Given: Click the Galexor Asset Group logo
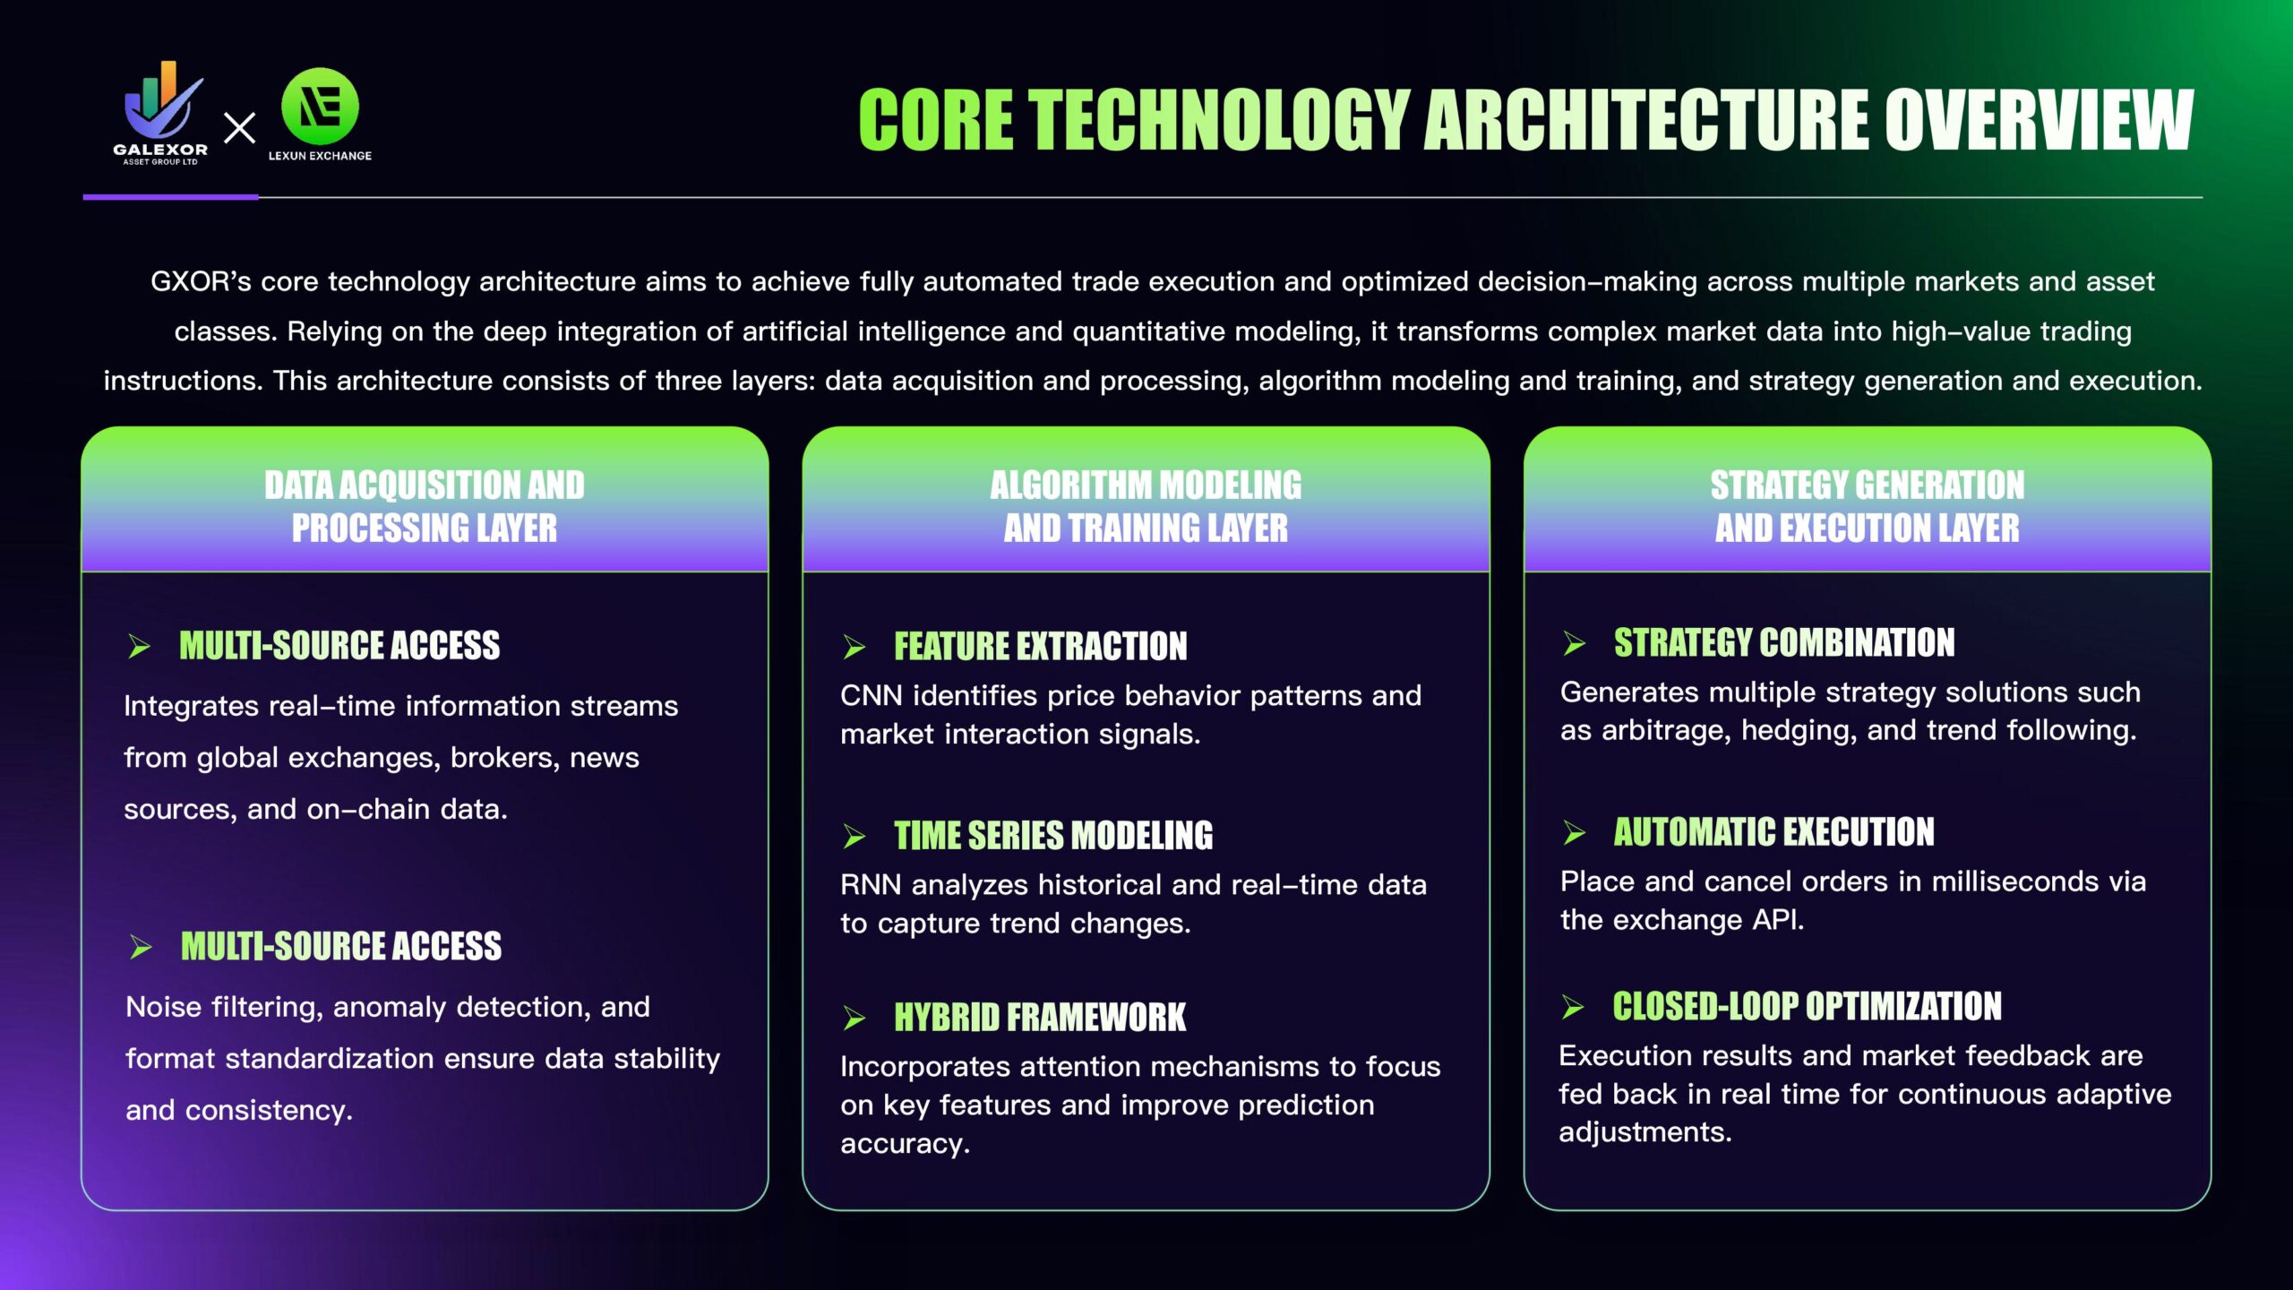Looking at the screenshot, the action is tap(161, 113).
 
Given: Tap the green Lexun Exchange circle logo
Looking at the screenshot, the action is tap(320, 107).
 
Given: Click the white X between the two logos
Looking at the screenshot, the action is tap(239, 128).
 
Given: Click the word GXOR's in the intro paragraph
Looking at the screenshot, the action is tap(201, 282).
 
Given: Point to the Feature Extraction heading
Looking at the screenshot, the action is tap(1040, 646).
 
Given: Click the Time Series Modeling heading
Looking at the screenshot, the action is tap(1053, 835).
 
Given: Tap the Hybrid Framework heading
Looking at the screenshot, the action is tap(1040, 1017).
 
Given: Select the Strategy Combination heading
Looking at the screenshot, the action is tap(1784, 642).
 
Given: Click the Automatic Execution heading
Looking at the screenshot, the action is tap(1773, 831).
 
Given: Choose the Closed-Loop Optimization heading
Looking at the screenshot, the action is tap(1807, 1006).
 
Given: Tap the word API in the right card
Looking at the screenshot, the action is tap(1777, 920).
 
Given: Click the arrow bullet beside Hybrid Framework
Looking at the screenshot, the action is tap(855, 1018).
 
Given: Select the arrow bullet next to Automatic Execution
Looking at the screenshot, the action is tap(1575, 832).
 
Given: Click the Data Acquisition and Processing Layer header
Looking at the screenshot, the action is tap(425, 506).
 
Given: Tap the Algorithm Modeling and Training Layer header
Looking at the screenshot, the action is tap(1146, 506).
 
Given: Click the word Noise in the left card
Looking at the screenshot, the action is tap(164, 1007).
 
